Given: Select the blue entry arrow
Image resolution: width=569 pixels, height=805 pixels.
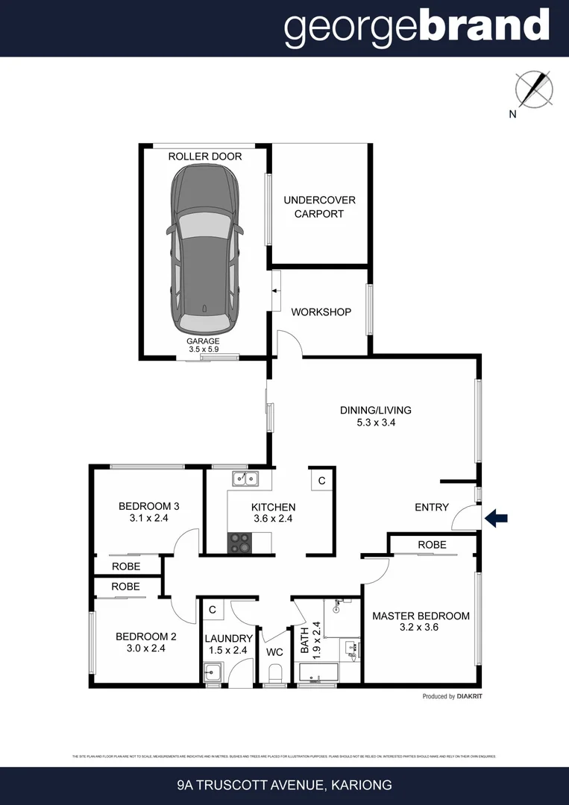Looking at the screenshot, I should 496,517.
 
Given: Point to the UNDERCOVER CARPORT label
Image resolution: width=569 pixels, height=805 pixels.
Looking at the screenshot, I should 319,206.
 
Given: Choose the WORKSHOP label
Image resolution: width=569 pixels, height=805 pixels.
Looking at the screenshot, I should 321,312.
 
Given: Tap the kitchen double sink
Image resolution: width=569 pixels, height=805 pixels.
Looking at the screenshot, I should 244,479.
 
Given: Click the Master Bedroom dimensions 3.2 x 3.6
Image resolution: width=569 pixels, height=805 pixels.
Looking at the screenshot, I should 421,628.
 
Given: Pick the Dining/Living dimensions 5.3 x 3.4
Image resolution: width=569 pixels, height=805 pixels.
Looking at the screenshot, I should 375,422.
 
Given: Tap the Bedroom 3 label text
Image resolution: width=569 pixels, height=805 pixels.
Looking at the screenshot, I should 148,506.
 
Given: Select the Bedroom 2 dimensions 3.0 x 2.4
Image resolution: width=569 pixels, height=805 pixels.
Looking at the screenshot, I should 145,648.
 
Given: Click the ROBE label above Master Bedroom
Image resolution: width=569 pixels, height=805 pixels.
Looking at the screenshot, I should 432,545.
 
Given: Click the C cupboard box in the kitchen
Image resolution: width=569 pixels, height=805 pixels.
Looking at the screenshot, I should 321,481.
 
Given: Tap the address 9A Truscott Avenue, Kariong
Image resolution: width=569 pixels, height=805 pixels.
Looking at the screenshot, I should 284,785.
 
